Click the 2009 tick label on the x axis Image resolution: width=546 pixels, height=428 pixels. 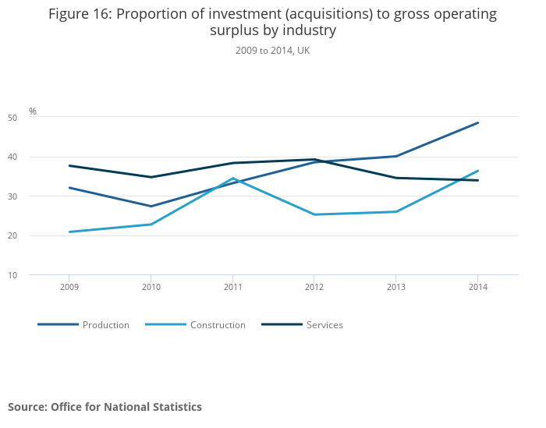point(69,287)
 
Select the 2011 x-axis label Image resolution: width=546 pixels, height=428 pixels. point(232,287)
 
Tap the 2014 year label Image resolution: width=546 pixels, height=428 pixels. point(478,287)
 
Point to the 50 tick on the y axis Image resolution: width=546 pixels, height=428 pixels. point(34,118)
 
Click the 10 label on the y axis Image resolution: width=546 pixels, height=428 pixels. point(34,275)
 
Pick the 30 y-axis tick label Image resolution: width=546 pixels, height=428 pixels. point(34,196)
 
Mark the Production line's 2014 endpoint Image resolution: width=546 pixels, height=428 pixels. point(478,122)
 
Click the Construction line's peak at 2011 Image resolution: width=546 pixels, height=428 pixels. point(232,179)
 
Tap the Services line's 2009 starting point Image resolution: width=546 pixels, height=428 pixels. point(69,165)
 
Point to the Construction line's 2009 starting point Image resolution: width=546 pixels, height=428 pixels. point(69,232)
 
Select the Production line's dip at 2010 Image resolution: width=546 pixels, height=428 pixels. point(151,206)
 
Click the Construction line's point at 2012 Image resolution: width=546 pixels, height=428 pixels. point(314,214)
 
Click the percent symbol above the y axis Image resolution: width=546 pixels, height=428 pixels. point(33,111)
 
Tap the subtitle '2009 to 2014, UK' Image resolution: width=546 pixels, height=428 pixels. point(272,51)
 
